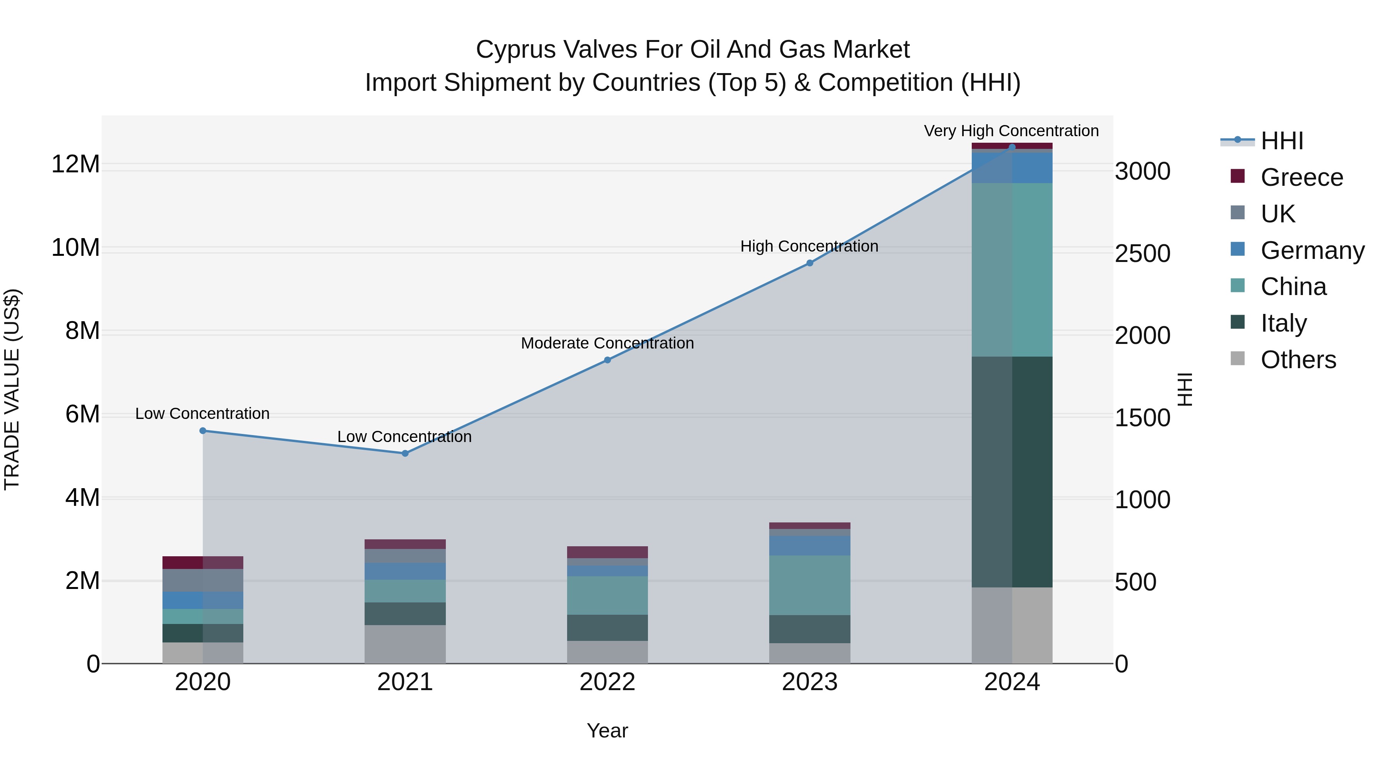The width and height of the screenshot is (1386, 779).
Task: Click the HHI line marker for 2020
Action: click(203, 430)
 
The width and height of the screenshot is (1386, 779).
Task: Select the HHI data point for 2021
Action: click(405, 453)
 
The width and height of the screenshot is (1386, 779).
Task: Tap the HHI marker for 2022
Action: click(608, 360)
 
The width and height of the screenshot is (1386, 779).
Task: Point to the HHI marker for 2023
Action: click(810, 263)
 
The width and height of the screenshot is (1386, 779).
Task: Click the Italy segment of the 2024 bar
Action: click(1012, 472)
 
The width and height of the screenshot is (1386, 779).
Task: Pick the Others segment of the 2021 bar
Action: click(405, 644)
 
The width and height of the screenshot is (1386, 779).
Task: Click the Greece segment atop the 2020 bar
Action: click(203, 562)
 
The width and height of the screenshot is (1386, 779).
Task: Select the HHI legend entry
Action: click(1282, 141)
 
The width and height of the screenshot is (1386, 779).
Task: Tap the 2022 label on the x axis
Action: click(608, 682)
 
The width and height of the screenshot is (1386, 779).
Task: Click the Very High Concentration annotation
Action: click(1011, 131)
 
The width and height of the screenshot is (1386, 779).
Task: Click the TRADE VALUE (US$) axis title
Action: click(12, 389)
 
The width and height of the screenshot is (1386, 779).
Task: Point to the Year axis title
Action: click(608, 731)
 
